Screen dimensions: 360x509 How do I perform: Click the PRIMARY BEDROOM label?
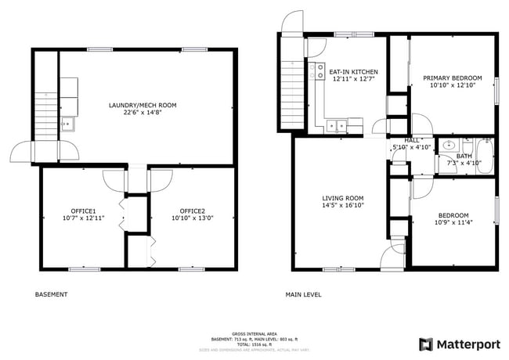pyautogui.click(x=453, y=78)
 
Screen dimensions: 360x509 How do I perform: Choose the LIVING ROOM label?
pyautogui.click(x=343, y=198)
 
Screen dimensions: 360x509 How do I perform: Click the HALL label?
pyautogui.click(x=401, y=139)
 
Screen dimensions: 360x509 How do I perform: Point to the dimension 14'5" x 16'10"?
pyautogui.click(x=343, y=205)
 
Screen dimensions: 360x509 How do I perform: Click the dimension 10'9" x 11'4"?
pyautogui.click(x=453, y=223)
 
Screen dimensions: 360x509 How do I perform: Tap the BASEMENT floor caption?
pyautogui.click(x=52, y=295)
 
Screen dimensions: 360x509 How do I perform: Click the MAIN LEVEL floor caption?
pyautogui.click(x=304, y=295)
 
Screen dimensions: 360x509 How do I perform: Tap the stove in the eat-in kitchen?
pyautogui.click(x=319, y=72)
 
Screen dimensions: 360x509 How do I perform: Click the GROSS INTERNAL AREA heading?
pyautogui.click(x=254, y=333)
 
